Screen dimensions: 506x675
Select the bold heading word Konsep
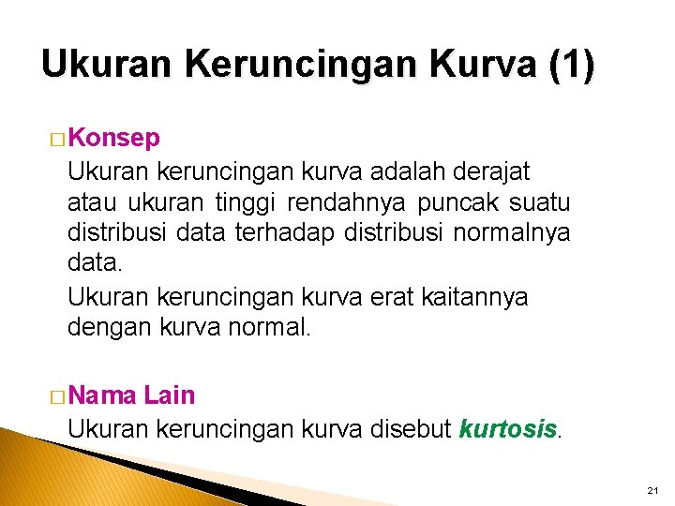(x=113, y=139)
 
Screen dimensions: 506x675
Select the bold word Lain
(x=170, y=395)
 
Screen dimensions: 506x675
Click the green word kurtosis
(x=507, y=428)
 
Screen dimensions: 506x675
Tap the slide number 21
(x=652, y=491)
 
